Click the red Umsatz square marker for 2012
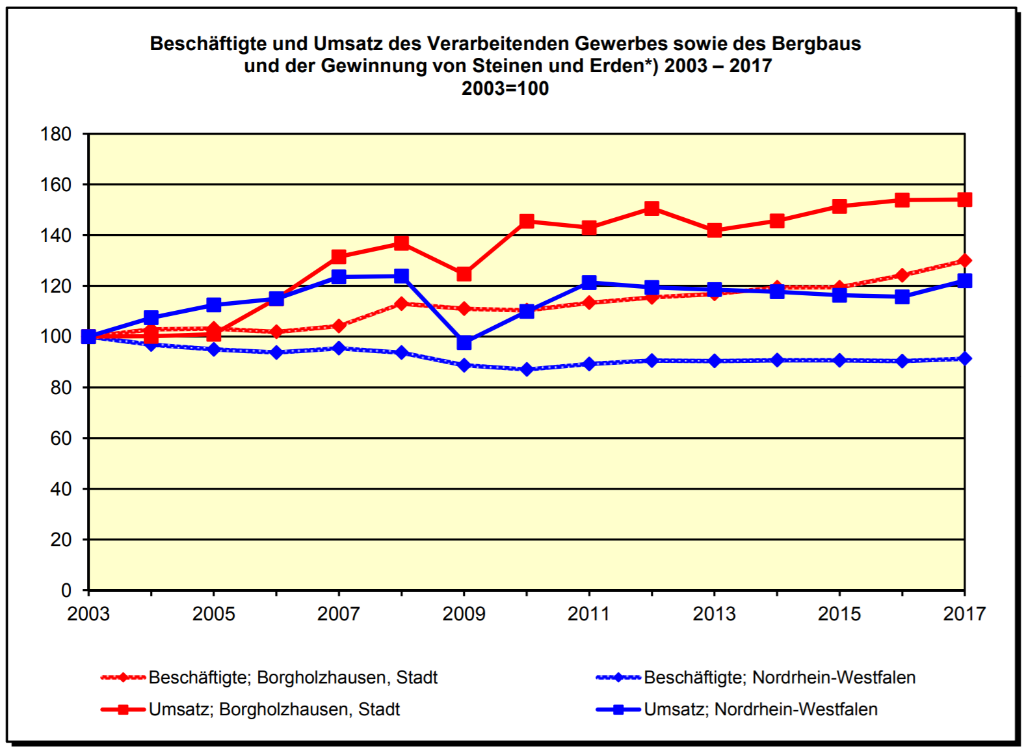[x=651, y=208]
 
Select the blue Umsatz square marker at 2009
[x=464, y=342]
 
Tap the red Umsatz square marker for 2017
[x=964, y=200]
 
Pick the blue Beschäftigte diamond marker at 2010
[x=527, y=369]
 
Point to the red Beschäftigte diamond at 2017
[x=964, y=261]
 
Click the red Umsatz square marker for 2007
[x=339, y=257]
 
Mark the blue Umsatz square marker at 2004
[x=151, y=317]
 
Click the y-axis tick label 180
[x=56, y=134]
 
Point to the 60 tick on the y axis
[x=60, y=438]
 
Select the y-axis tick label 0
[x=66, y=590]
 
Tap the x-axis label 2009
[x=464, y=614]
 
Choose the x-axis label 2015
[x=839, y=614]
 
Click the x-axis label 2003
[x=88, y=614]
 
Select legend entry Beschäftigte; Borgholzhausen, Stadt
[x=293, y=678]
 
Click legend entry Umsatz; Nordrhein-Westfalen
[x=760, y=709]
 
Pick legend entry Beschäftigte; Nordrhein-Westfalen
[x=779, y=678]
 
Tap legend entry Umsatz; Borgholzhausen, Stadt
[x=274, y=709]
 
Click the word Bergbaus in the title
[x=816, y=44]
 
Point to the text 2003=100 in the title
[x=505, y=88]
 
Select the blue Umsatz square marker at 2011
[x=589, y=282]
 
